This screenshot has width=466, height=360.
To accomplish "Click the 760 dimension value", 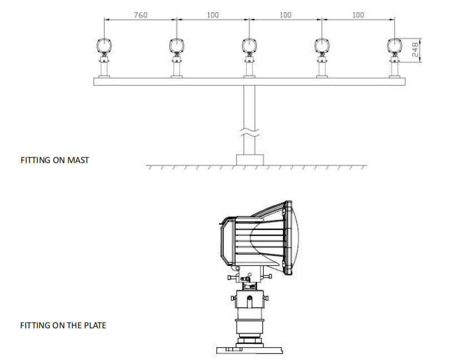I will tap(141, 15).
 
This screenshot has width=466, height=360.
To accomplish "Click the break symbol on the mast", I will tap(250, 134).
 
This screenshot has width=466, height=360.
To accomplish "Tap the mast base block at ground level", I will tap(250, 160).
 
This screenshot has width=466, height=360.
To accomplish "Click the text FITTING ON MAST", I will tap(55, 160).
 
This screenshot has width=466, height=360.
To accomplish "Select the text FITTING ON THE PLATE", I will tap(63, 325).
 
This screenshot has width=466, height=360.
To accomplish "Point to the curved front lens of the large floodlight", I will tap(300, 239).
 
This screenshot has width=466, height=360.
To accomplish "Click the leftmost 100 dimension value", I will tap(213, 15).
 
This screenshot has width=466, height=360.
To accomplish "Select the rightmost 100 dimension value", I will tap(358, 15).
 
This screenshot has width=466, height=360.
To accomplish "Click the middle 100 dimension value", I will tap(286, 15).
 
